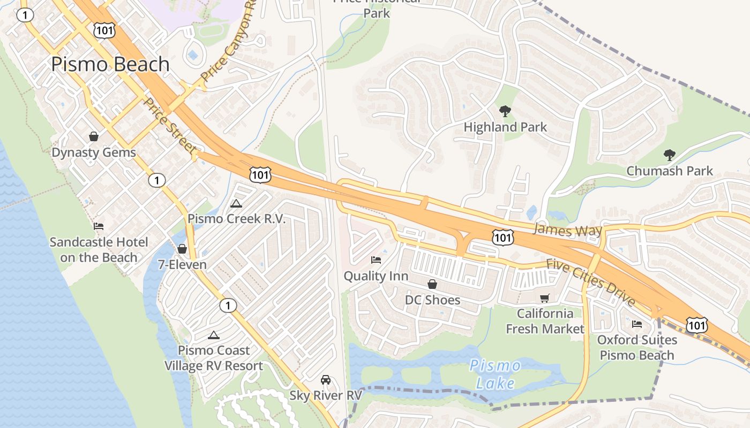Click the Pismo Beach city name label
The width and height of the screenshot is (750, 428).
tap(110, 64)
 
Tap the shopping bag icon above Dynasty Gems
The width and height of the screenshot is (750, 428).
tap(94, 136)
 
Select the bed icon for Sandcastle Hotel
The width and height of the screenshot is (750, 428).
tap(99, 226)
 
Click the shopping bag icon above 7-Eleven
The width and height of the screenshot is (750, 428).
tap(182, 249)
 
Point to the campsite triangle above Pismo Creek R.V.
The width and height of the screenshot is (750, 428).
tap(236, 203)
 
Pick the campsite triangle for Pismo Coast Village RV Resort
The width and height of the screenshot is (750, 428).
tap(214, 335)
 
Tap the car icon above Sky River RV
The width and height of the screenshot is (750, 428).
tap(325, 380)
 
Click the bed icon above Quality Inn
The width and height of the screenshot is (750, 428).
tap(376, 260)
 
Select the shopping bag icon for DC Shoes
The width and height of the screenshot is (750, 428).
tap(432, 284)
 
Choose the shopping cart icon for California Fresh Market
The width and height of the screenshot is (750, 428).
tap(545, 298)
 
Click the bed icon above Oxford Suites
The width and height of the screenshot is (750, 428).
tap(637, 324)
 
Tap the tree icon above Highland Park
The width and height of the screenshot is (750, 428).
tap(505, 111)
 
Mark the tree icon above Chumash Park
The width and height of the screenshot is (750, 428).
tap(669, 155)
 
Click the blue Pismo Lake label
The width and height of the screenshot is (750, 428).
tap(494, 374)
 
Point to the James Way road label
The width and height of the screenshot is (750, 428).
tap(568, 230)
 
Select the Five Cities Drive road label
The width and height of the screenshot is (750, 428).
tap(590, 282)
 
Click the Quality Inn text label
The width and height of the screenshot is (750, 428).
tap(376, 276)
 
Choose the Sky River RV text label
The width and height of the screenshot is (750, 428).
tap(326, 395)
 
